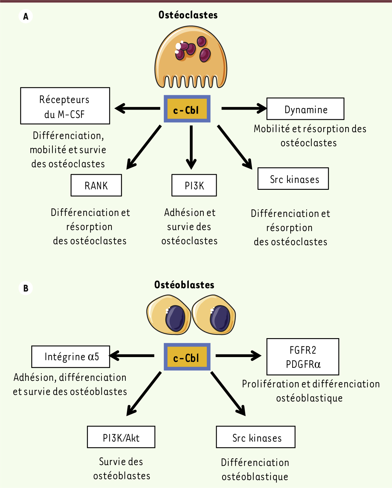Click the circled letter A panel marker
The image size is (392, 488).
click(26, 16)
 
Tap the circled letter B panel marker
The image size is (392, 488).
click(26, 288)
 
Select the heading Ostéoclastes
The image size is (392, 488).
click(188, 15)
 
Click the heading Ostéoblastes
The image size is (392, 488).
click(184, 285)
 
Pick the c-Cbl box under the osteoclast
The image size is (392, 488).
click(187, 109)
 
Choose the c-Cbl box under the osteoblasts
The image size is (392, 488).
click(187, 357)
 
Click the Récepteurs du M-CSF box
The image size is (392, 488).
click(65, 106)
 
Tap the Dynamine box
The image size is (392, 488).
click(305, 109)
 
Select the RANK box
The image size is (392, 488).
click(96, 185)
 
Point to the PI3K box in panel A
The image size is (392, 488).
click(194, 185)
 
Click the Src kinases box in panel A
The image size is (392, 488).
click(293, 179)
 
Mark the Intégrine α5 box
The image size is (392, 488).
click(71, 357)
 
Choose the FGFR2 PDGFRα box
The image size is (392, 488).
click(303, 357)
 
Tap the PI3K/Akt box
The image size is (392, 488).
click(121, 437)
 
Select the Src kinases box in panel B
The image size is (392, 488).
click(256, 437)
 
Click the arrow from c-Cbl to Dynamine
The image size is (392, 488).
click(243, 108)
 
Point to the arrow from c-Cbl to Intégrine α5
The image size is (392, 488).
click(132, 356)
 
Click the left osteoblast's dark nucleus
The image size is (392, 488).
click(175, 319)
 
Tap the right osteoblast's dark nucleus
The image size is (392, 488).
click(220, 319)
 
